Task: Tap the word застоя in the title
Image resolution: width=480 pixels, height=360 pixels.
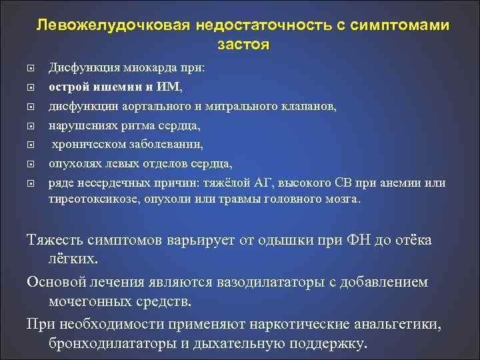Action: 243,45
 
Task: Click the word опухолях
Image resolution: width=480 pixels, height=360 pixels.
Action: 71,163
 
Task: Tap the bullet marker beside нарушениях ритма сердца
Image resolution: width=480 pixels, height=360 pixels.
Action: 32,125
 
